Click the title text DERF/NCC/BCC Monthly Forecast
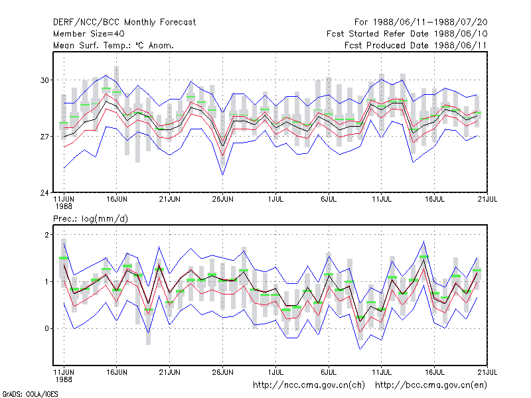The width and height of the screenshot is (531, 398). [x=124, y=23]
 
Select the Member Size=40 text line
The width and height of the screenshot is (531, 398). [x=89, y=34]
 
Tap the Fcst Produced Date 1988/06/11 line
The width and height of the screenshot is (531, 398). [x=416, y=45]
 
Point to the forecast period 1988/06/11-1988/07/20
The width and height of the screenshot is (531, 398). [x=430, y=23]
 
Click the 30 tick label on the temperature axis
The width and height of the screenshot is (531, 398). [x=44, y=80]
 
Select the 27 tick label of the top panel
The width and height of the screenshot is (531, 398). [x=44, y=137]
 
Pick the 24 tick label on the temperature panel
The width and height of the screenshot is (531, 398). [x=44, y=193]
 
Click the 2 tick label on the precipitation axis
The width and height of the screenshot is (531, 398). [x=46, y=235]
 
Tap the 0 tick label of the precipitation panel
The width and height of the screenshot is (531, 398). [x=46, y=328]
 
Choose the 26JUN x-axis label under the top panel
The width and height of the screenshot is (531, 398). [x=223, y=199]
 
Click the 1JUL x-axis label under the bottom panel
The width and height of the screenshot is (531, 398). [x=275, y=372]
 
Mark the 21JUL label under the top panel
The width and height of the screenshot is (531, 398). [x=487, y=199]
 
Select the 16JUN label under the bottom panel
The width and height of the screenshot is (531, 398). [x=117, y=372]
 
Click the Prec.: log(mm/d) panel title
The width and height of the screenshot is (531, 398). [x=90, y=219]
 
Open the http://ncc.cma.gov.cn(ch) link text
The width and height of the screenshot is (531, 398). [x=309, y=385]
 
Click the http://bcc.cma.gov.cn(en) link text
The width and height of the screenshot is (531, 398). [x=431, y=385]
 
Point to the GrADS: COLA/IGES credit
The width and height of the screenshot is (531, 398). [x=31, y=394]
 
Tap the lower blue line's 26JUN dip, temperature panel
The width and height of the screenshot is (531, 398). [x=222, y=174]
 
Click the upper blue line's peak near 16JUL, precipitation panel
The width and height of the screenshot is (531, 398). [x=423, y=241]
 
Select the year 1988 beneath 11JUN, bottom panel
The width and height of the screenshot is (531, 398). [x=64, y=379]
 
